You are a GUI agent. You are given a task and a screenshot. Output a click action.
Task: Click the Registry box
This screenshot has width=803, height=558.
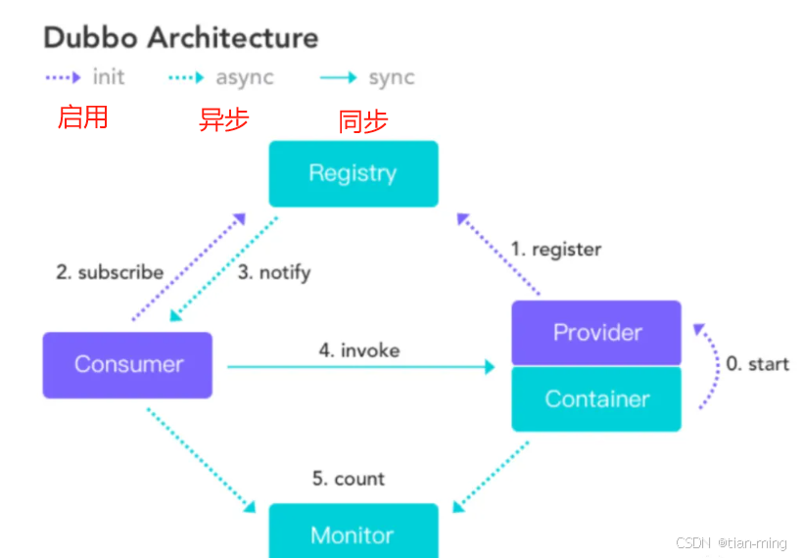tap(353, 173)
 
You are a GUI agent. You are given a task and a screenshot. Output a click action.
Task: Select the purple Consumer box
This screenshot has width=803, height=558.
tap(127, 364)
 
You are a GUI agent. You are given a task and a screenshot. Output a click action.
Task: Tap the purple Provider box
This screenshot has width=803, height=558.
tap(596, 332)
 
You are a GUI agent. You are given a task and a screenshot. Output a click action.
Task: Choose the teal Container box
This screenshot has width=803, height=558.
tap(596, 398)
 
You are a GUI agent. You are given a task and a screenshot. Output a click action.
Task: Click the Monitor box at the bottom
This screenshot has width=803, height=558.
tap(353, 533)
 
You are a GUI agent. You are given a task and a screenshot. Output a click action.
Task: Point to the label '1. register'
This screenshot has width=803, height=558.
tap(555, 249)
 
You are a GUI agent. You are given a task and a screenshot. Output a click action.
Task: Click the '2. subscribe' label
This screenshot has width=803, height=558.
tap(109, 272)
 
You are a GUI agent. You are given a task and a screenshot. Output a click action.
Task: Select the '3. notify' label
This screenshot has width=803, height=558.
tap(274, 272)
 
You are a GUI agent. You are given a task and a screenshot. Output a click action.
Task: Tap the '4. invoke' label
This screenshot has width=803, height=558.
tap(359, 349)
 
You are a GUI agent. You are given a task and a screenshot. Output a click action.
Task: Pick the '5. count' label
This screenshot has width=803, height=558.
tap(348, 479)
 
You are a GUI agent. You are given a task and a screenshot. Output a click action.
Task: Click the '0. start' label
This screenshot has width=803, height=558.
tap(757, 364)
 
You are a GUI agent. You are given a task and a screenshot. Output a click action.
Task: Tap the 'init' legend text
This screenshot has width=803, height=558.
tap(109, 77)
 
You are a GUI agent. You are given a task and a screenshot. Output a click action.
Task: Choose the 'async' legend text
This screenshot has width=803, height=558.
tap(245, 77)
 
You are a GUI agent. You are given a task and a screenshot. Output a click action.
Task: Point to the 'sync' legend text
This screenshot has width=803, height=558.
tap(391, 77)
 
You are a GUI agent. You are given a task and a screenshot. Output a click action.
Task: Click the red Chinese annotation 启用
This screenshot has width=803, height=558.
tap(83, 117)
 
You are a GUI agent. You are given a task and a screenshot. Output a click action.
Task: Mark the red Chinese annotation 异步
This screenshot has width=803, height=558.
tap(224, 119)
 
